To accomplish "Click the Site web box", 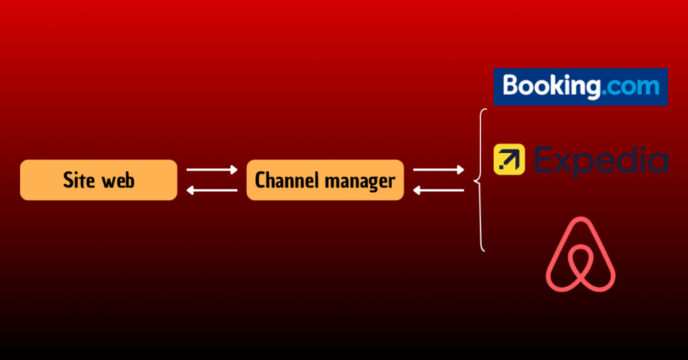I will [x=99, y=180].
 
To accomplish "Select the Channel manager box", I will [x=325, y=180].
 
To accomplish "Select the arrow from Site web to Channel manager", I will [x=212, y=170].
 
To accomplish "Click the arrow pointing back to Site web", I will [x=212, y=191].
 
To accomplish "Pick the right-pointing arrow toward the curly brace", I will [x=438, y=170].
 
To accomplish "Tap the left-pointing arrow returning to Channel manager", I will [x=438, y=191].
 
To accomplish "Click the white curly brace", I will [x=480, y=180].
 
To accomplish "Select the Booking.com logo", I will [x=580, y=87].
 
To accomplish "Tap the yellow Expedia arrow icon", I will [x=509, y=160].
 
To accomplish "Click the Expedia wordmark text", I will [x=600, y=161].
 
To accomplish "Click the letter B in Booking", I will [x=511, y=86].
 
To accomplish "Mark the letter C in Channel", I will [x=261, y=180].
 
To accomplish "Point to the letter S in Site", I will [x=68, y=180].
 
